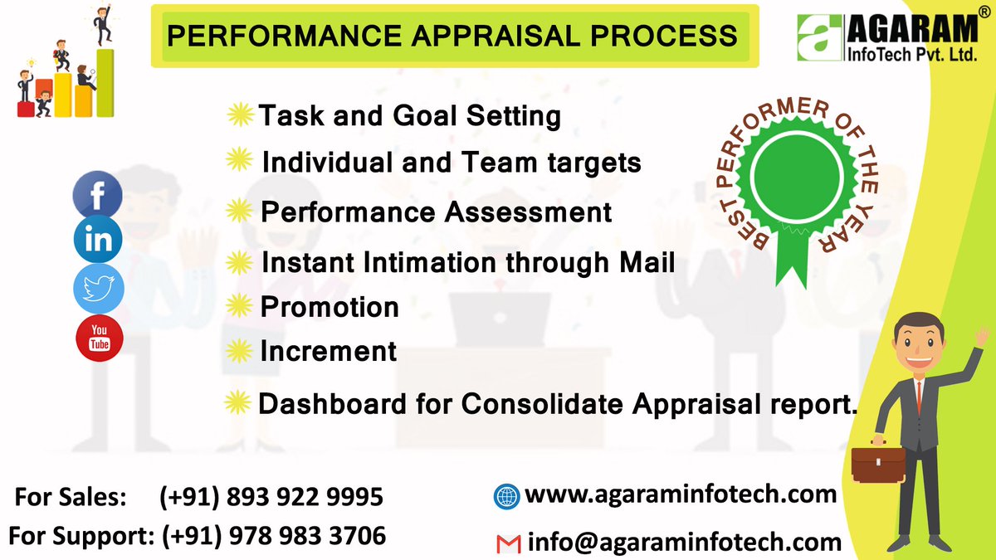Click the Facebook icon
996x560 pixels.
coord(98,195)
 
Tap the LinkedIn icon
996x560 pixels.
coord(98,241)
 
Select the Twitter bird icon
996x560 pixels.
coord(98,289)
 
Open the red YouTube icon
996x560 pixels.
coord(99,338)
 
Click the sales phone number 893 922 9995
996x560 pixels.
coord(271,498)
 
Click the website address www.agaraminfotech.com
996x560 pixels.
coord(681,495)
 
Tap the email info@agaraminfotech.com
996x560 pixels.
coord(685,543)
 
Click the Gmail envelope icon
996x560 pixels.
coord(507,544)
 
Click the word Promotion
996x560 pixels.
coord(330,308)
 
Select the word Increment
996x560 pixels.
coord(329,352)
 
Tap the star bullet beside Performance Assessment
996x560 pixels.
coord(239,213)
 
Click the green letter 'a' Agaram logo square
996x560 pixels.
coord(819,39)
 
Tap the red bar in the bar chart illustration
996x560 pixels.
coord(26,109)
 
